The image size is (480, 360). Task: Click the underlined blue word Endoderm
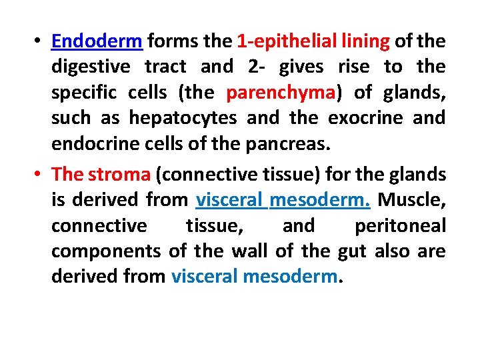(x=96, y=41)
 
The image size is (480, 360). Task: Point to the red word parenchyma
(x=281, y=93)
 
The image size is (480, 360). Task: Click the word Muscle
(x=411, y=200)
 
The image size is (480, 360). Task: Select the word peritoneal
(x=400, y=225)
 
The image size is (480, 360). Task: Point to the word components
(x=106, y=251)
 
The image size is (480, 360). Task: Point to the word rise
(x=354, y=67)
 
